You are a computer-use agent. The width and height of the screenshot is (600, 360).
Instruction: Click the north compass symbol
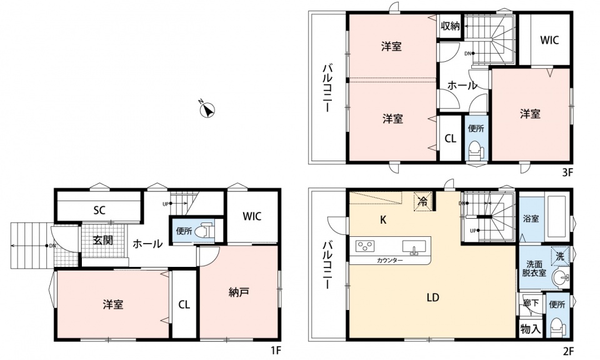point(207,110)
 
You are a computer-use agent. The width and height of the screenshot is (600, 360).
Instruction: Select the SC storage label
point(99,210)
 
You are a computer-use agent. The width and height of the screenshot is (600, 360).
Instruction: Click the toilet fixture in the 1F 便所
point(204,231)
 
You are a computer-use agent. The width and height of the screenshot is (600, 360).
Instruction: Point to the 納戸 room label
point(239,292)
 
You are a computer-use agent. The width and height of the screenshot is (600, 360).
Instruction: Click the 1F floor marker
point(276,350)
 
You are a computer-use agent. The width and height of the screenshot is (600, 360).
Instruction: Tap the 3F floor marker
point(567,172)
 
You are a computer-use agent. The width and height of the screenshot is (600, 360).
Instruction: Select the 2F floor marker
point(568,350)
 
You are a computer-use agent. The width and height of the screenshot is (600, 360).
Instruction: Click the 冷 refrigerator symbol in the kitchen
point(423,201)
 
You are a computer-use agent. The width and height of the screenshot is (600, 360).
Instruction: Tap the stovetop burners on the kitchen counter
point(365,246)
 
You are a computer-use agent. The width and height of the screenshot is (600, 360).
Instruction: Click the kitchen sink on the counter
point(414,247)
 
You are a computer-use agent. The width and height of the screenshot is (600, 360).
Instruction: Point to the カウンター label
point(389,261)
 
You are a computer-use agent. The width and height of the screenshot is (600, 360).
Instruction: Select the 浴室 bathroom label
point(531,219)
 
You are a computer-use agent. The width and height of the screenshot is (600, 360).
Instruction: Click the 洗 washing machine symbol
point(560,256)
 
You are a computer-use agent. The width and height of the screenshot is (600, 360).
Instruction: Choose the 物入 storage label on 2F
point(531,329)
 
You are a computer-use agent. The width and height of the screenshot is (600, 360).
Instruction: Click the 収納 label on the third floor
point(449,26)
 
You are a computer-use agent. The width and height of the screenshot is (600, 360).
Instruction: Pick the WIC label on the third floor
point(549,40)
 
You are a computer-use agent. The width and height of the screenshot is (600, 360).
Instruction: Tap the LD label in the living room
point(432,297)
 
